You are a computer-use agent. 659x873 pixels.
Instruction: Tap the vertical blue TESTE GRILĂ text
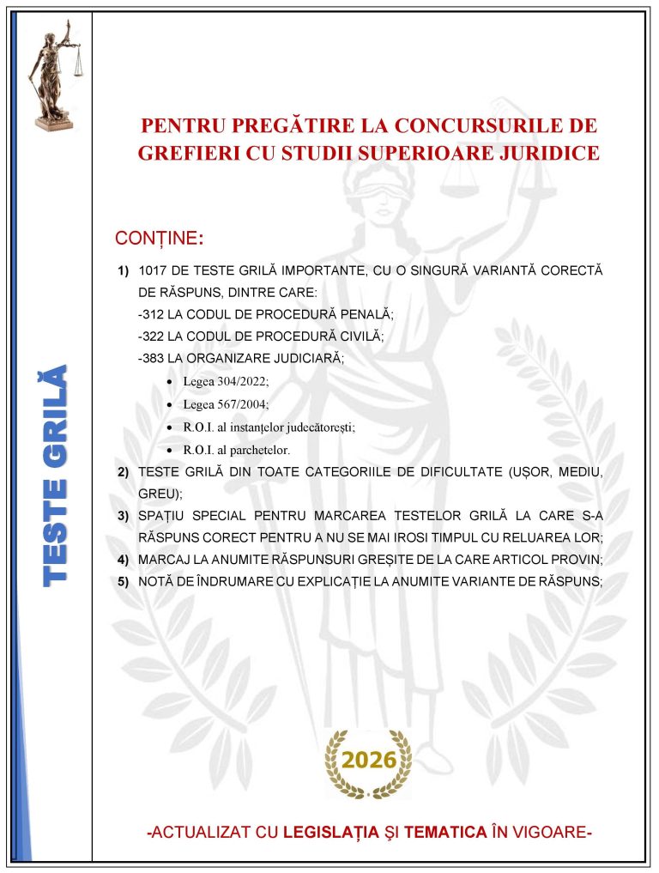55,477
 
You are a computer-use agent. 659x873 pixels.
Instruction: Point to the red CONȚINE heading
159,237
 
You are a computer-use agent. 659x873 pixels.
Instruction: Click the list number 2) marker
124,472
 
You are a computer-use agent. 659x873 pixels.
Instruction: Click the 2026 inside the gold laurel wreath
369,760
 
